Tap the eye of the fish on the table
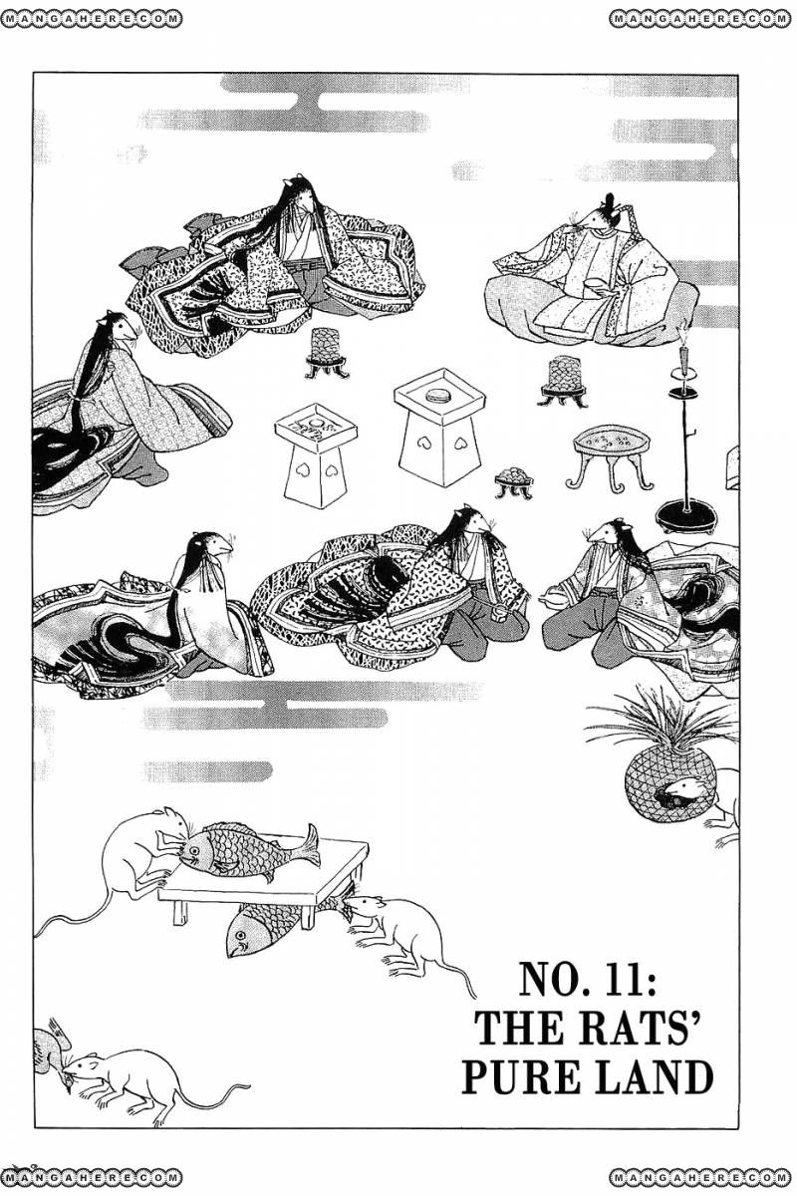pyautogui.click(x=194, y=849)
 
